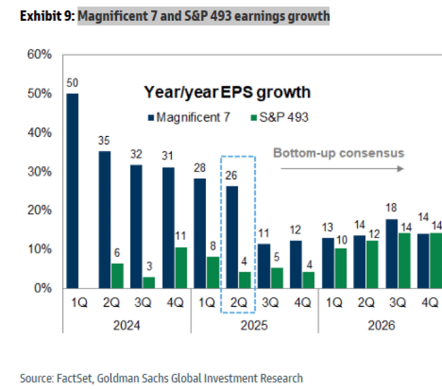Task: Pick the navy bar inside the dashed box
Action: point(232,237)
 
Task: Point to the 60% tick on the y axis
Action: point(39,55)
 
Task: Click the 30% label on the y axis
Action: point(39,172)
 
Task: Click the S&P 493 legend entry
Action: point(281,117)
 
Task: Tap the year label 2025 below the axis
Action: point(254,326)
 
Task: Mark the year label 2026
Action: point(381,326)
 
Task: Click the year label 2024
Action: point(127,326)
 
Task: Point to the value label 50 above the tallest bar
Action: point(72,84)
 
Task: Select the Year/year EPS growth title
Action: point(227,92)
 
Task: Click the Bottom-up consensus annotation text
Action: point(338,152)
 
